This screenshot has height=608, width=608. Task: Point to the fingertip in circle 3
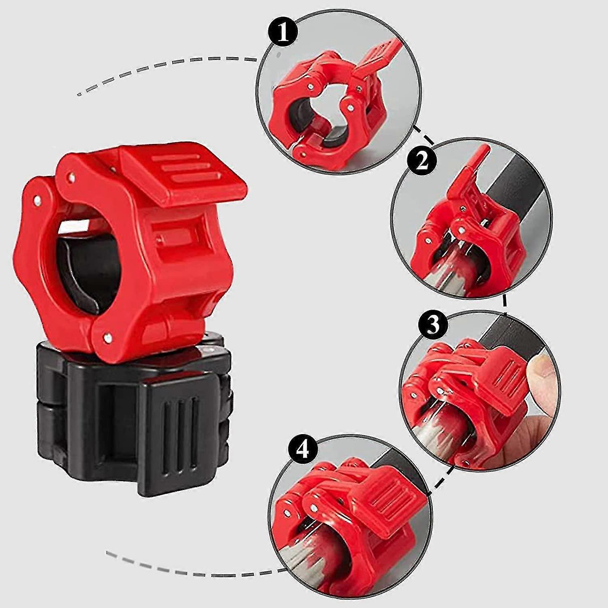coord(541,363)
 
